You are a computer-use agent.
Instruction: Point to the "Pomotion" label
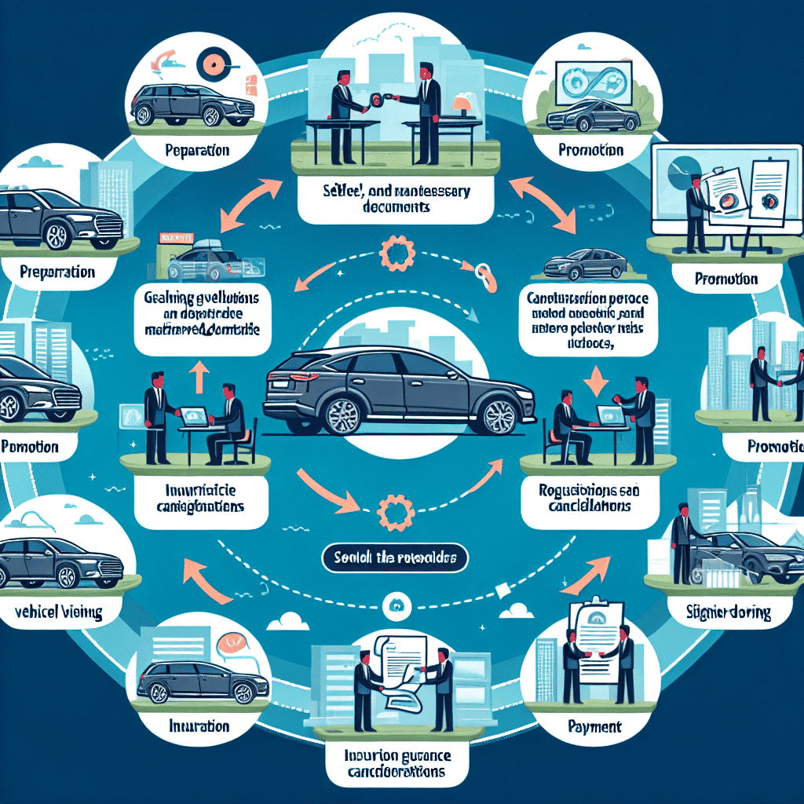[30, 447]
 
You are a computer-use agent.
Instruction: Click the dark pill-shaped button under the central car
[395, 559]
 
